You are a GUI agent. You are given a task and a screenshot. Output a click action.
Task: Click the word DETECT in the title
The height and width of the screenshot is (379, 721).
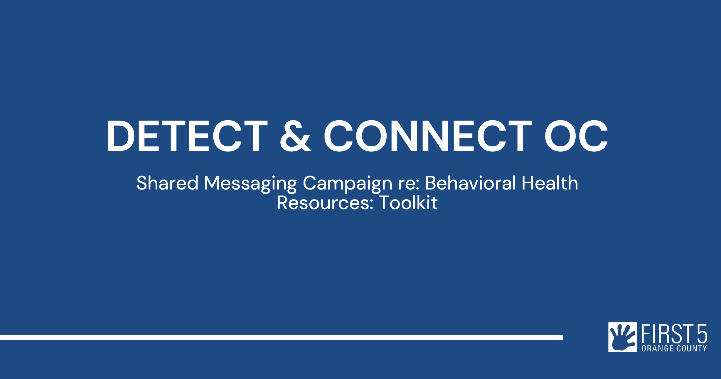[x=187, y=136]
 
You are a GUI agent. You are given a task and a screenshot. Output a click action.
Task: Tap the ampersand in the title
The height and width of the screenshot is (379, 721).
[x=295, y=136]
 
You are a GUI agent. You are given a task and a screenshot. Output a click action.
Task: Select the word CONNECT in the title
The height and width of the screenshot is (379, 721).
[x=428, y=136]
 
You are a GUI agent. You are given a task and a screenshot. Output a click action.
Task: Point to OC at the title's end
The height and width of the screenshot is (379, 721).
[x=576, y=136]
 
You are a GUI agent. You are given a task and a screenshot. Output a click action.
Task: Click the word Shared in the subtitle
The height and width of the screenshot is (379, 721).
[x=167, y=183]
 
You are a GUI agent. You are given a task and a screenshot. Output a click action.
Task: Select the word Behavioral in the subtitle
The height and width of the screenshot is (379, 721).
[x=470, y=183]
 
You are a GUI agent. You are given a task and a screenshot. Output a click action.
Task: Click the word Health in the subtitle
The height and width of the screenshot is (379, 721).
[x=550, y=183]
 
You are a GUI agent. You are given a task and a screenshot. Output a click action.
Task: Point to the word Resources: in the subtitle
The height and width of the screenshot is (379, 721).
[x=325, y=203]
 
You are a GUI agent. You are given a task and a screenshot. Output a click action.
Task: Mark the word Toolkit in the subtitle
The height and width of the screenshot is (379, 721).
[x=408, y=202]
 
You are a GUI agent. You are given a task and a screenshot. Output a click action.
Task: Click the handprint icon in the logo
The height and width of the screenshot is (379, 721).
[x=623, y=337]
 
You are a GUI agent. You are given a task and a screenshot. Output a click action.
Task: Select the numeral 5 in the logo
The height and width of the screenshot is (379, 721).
[x=702, y=334]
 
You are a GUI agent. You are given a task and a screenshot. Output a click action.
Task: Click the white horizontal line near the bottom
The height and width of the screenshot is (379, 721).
[x=281, y=337]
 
